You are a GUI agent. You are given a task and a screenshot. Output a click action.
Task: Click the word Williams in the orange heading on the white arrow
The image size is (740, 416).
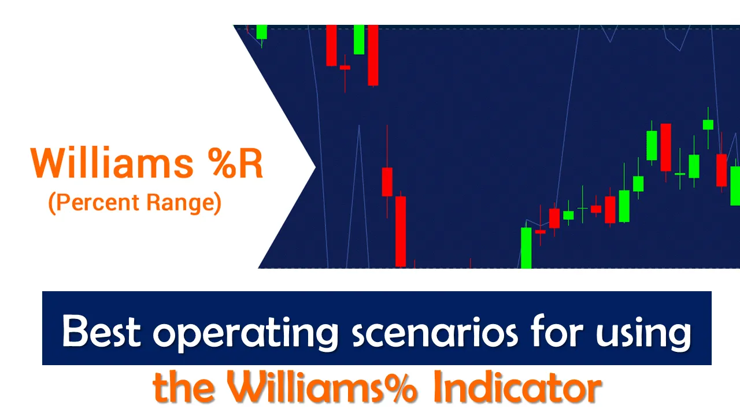point(112,163)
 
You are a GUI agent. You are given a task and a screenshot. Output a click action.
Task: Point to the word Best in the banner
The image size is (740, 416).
point(101,331)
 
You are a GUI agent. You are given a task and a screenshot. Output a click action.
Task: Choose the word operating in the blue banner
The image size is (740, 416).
point(246,333)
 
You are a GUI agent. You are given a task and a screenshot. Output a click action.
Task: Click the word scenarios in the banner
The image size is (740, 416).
point(435,332)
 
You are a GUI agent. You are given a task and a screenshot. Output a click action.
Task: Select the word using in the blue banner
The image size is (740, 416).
point(643,333)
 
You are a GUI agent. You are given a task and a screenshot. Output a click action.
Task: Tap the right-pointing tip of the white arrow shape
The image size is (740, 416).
point(315,167)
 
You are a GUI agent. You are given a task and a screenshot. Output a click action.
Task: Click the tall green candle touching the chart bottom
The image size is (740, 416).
point(526,247)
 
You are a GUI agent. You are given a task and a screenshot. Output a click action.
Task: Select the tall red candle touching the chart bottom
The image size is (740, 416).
point(401,231)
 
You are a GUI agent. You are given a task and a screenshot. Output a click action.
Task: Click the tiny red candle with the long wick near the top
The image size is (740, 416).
point(345,68)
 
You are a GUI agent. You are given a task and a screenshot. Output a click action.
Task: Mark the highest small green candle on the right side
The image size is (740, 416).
point(708,125)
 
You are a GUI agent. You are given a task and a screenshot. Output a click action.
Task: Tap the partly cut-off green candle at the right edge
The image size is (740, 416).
point(735,185)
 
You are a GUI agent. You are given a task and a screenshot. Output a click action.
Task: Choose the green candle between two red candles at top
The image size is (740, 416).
point(359,39)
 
